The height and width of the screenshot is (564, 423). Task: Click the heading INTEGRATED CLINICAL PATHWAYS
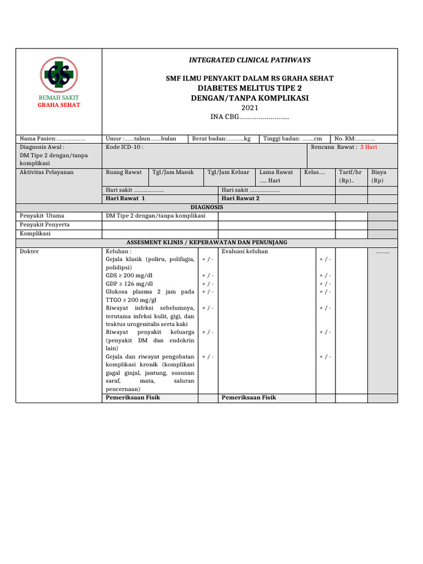pos(250,60)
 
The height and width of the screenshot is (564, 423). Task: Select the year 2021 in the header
pos(250,107)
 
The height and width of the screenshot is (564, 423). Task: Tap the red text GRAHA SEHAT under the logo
pos(59,105)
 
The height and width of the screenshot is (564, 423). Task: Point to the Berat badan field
pos(221,139)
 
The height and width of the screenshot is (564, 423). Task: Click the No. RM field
pos(355,139)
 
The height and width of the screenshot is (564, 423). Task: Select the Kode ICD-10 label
pos(124,148)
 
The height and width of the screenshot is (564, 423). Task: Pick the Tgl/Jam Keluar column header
pos(228,172)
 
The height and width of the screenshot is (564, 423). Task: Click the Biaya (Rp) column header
pos(379,176)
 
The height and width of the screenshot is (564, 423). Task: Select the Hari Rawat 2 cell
pos(240,198)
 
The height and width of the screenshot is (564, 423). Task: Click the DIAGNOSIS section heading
pos(207,207)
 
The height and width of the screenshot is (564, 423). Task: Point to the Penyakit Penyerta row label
pos(45,225)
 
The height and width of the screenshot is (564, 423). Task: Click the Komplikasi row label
pos(35,234)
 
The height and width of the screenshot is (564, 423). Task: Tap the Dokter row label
pos(29,251)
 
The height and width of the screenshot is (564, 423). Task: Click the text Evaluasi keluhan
pos(245,251)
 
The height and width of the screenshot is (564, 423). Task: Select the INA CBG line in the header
pos(250,117)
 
